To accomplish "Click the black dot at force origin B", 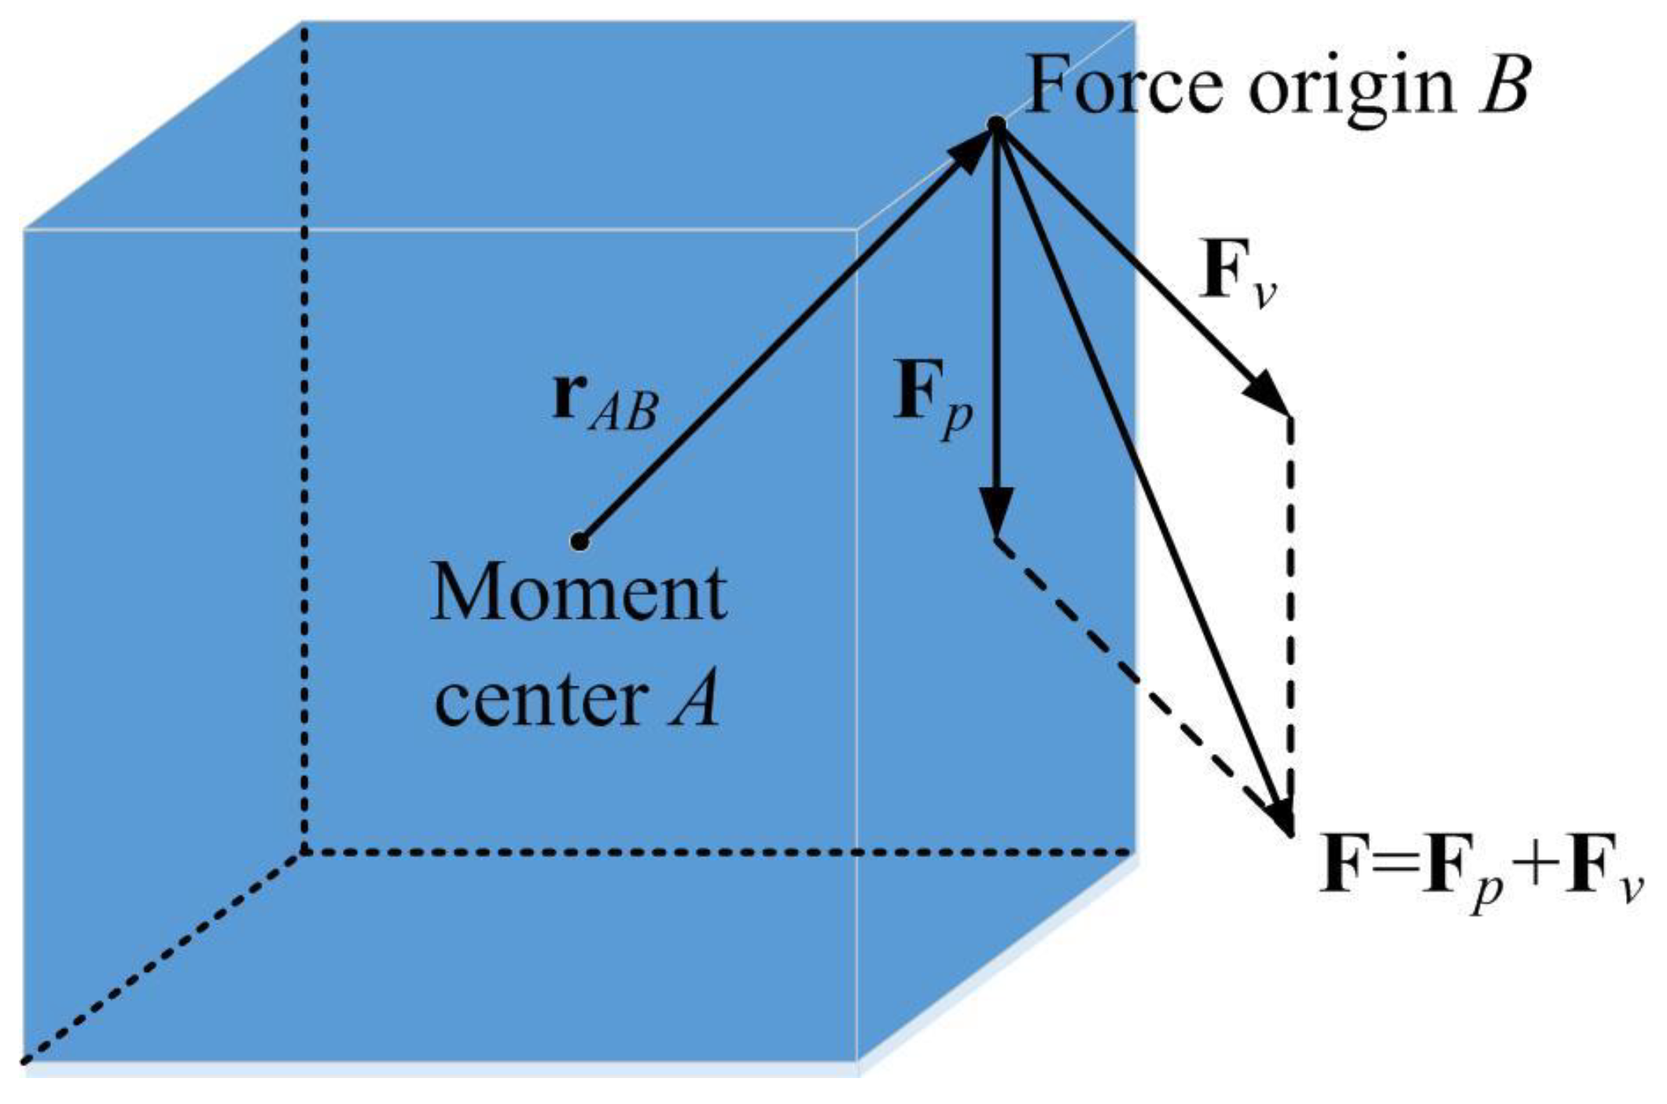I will [x=996, y=125].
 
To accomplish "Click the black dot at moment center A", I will [x=580, y=541].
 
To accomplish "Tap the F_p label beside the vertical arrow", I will [x=933, y=397].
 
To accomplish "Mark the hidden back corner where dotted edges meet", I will [x=304, y=852].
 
